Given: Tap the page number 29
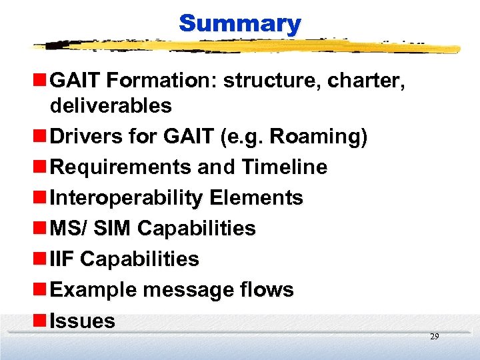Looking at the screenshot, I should click(x=434, y=337).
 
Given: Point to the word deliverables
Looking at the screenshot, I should click(x=111, y=105).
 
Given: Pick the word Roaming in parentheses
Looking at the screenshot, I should click(x=316, y=136).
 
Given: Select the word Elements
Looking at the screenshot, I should click(x=256, y=198).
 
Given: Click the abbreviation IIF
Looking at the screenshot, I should click(x=61, y=259).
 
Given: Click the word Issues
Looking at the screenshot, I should click(x=83, y=321).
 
